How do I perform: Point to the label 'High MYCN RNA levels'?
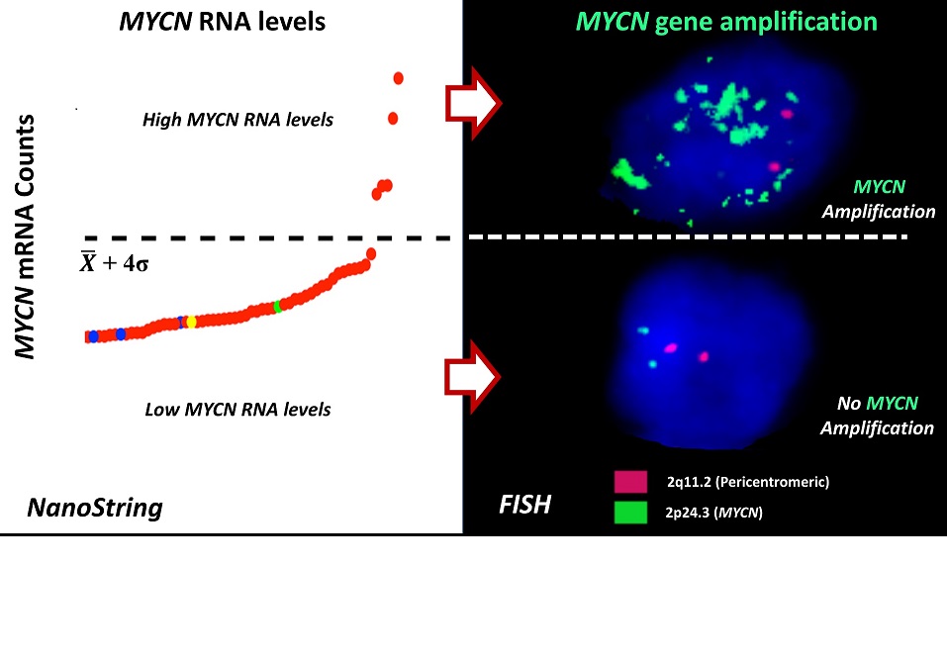pos(237,121)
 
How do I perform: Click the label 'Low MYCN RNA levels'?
pos(237,408)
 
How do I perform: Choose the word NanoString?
pos(94,509)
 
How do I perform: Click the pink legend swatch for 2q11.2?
pos(630,482)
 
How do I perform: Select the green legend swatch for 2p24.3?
pos(630,512)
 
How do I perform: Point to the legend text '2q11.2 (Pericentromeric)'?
pos(748,482)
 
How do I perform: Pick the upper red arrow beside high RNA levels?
pos(474,102)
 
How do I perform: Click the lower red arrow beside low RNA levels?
pos(474,375)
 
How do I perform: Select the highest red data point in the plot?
pos(399,77)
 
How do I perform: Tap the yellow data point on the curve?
pos(192,322)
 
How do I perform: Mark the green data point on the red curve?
pos(278,307)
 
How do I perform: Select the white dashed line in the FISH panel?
pos(693,236)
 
